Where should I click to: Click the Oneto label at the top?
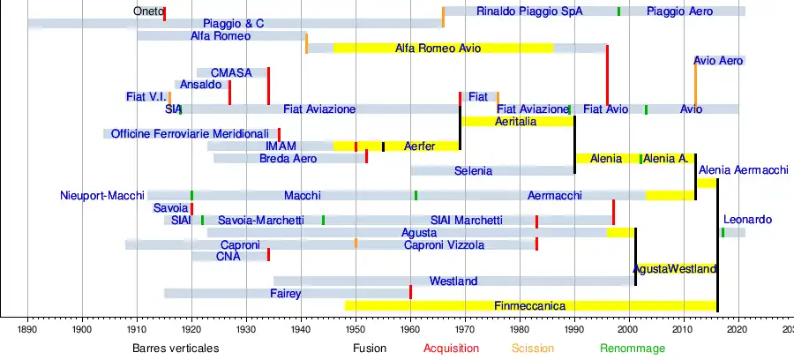(148, 11)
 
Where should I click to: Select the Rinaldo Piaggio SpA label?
(529, 11)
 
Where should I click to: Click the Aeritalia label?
(515, 121)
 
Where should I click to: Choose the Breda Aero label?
(288, 159)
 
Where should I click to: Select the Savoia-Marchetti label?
(260, 220)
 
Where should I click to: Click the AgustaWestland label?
(675, 268)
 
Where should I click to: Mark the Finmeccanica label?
(529, 305)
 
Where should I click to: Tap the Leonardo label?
(747, 219)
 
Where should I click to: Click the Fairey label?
(286, 293)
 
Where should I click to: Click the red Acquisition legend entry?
(451, 349)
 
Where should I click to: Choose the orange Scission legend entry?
(533, 349)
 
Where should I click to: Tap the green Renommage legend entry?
(633, 349)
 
